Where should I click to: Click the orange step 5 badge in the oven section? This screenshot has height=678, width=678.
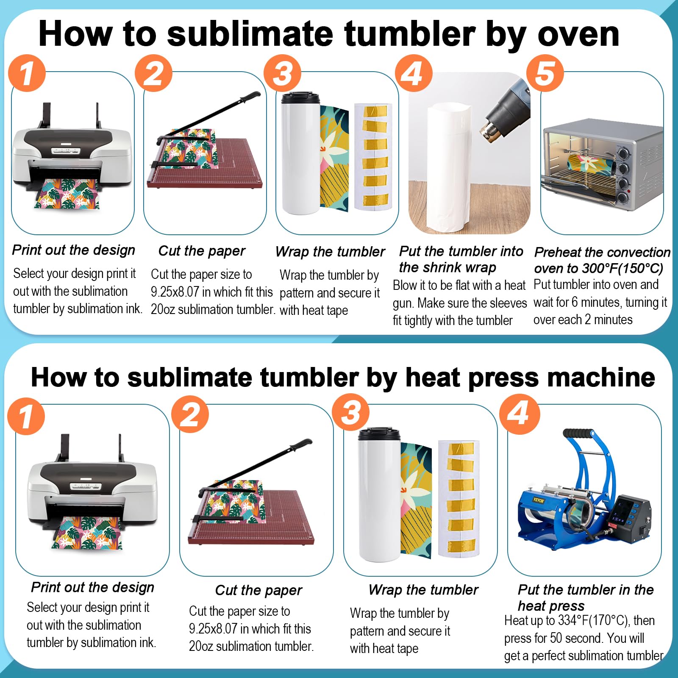coord(545,73)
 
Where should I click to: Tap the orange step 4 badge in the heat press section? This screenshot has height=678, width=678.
coord(520,414)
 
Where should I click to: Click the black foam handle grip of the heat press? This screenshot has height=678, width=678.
coord(578,434)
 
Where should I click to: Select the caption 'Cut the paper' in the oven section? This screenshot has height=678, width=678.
coord(202,251)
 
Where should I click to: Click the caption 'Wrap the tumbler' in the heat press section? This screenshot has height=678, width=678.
coord(423,589)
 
